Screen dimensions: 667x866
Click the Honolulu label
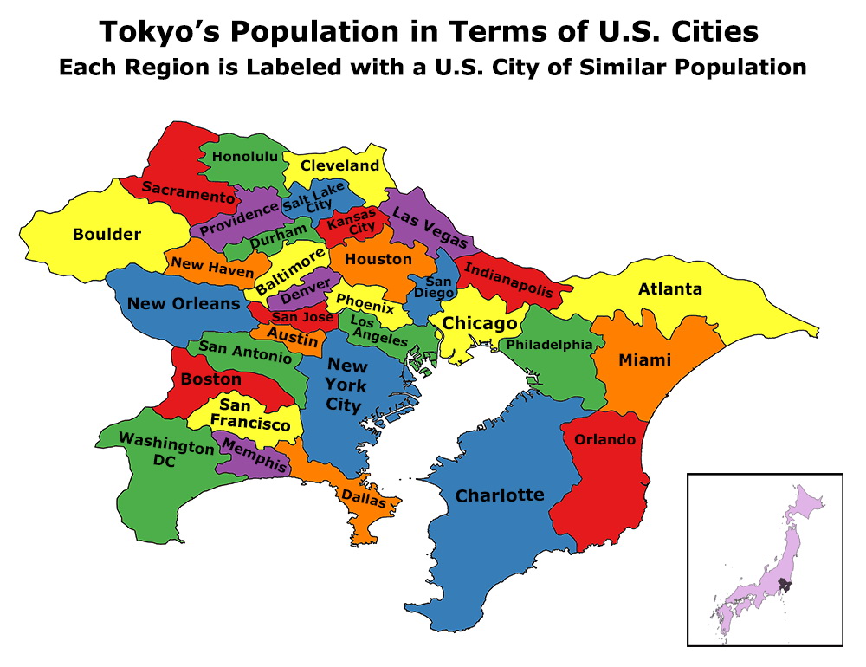point(245,157)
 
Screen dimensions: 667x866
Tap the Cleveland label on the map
point(339,165)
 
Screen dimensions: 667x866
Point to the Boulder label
point(107,235)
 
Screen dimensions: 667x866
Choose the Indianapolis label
point(509,279)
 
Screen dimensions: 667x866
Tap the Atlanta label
point(669,289)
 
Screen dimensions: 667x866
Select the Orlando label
point(604,440)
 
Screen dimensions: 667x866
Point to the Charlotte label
point(500,495)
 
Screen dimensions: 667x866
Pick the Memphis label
point(255,456)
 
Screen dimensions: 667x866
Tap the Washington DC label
point(165,450)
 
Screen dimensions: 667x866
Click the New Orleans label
point(184,304)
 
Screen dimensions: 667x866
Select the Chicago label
point(479,324)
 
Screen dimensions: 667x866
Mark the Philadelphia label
point(550,345)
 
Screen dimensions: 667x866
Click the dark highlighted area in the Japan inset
point(784,586)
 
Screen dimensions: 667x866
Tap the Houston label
point(378,259)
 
